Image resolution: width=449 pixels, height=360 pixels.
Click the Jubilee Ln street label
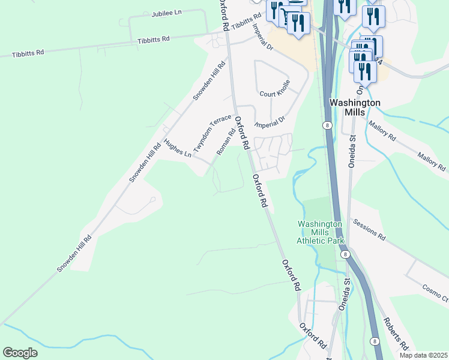coord(166,13)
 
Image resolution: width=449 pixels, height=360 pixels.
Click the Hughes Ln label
coord(177,148)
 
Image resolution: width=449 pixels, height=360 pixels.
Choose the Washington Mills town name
coord(355,107)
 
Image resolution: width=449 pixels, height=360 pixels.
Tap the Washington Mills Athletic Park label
coord(321,232)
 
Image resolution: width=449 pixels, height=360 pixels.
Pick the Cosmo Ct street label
coord(435,292)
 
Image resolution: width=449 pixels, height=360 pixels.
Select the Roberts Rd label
coord(397,334)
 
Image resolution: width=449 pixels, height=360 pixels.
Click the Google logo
coord(20,352)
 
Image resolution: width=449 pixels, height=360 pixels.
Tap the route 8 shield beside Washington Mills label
coord(327,125)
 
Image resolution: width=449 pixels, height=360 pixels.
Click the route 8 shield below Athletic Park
coord(345,254)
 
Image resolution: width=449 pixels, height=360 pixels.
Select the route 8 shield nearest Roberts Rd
coord(375,341)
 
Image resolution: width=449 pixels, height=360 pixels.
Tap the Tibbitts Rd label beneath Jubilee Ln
coord(154,40)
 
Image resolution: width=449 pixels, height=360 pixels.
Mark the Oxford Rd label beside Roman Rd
coord(241,133)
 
